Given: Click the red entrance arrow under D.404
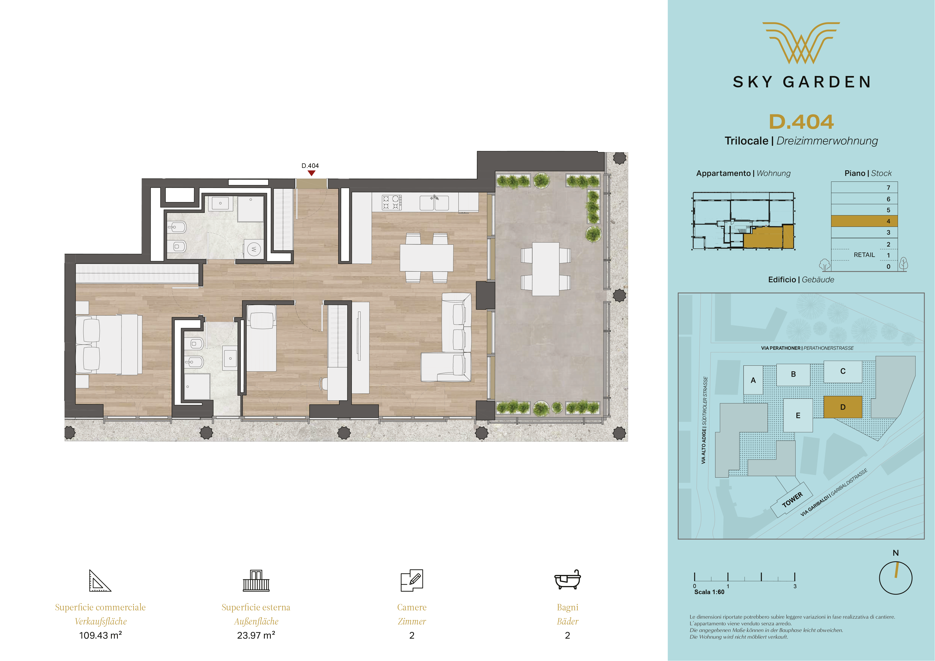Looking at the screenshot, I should [312, 173].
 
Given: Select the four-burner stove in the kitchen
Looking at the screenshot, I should [391, 202].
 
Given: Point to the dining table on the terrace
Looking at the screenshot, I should [546, 269].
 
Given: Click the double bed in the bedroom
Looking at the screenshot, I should [109, 344].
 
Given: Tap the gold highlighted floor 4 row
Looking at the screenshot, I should [864, 221].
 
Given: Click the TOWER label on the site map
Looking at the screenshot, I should [792, 500].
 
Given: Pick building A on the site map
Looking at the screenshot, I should [753, 380].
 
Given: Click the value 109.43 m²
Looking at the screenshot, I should [100, 635].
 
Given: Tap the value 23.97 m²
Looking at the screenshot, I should [256, 635].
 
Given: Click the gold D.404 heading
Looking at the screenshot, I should [801, 122].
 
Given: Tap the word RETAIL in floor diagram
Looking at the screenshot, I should [864, 255].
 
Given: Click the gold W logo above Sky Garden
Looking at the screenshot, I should [801, 43].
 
